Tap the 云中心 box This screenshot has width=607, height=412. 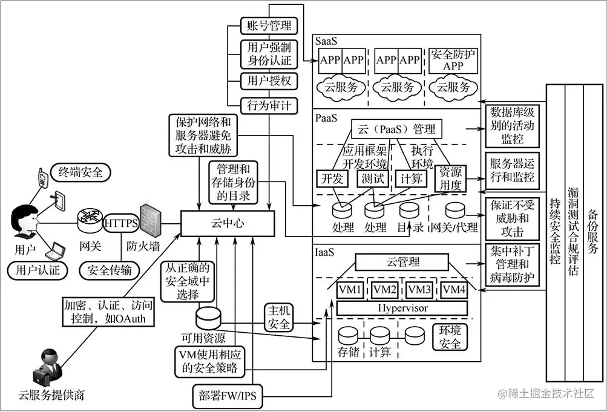[228, 224]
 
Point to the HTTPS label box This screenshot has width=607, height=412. [122, 223]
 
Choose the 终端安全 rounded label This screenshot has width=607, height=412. [81, 172]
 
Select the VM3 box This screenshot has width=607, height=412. [420, 290]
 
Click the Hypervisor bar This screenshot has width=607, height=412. [402, 308]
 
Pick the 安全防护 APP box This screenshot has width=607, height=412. [453, 60]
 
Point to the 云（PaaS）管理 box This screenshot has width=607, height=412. [396, 128]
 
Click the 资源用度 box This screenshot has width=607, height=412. [451, 179]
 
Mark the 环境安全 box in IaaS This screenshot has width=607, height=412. [450, 337]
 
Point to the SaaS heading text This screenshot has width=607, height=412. [327, 41]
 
